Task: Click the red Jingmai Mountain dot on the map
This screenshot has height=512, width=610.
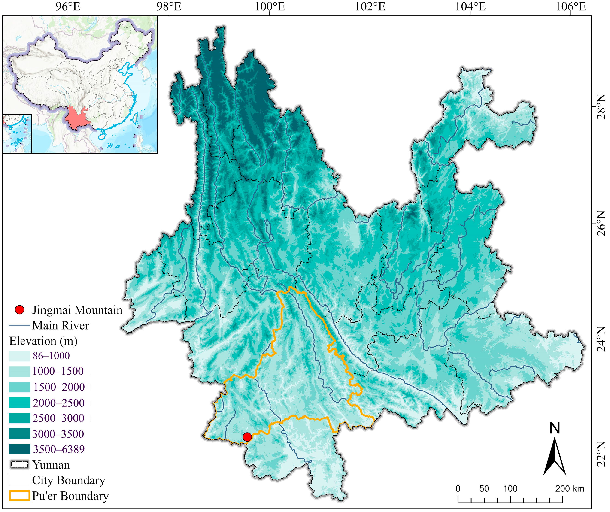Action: click(x=247, y=436)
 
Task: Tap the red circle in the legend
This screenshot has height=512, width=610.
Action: click(x=19, y=310)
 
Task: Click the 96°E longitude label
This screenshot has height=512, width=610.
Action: click(x=68, y=7)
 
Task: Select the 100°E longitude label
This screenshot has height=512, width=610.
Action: click(x=270, y=7)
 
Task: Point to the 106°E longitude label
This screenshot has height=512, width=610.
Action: click(x=571, y=7)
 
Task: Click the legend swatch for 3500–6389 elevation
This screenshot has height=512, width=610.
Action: click(x=19, y=449)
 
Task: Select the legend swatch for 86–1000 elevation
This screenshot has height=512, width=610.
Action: click(x=19, y=356)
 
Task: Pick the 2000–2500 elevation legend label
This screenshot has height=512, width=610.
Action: click(x=58, y=403)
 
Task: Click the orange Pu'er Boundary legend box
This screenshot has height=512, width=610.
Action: click(x=19, y=496)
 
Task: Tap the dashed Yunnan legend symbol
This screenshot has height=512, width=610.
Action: click(x=19, y=465)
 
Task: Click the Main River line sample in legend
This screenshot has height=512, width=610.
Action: click(x=19, y=325)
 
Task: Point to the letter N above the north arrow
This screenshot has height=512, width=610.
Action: click(x=555, y=428)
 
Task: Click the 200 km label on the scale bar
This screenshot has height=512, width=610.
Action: click(x=569, y=489)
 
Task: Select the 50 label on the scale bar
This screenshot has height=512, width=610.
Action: click(x=484, y=489)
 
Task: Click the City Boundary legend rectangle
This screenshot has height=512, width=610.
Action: click(x=19, y=480)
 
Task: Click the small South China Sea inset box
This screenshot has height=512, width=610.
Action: click(x=17, y=133)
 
